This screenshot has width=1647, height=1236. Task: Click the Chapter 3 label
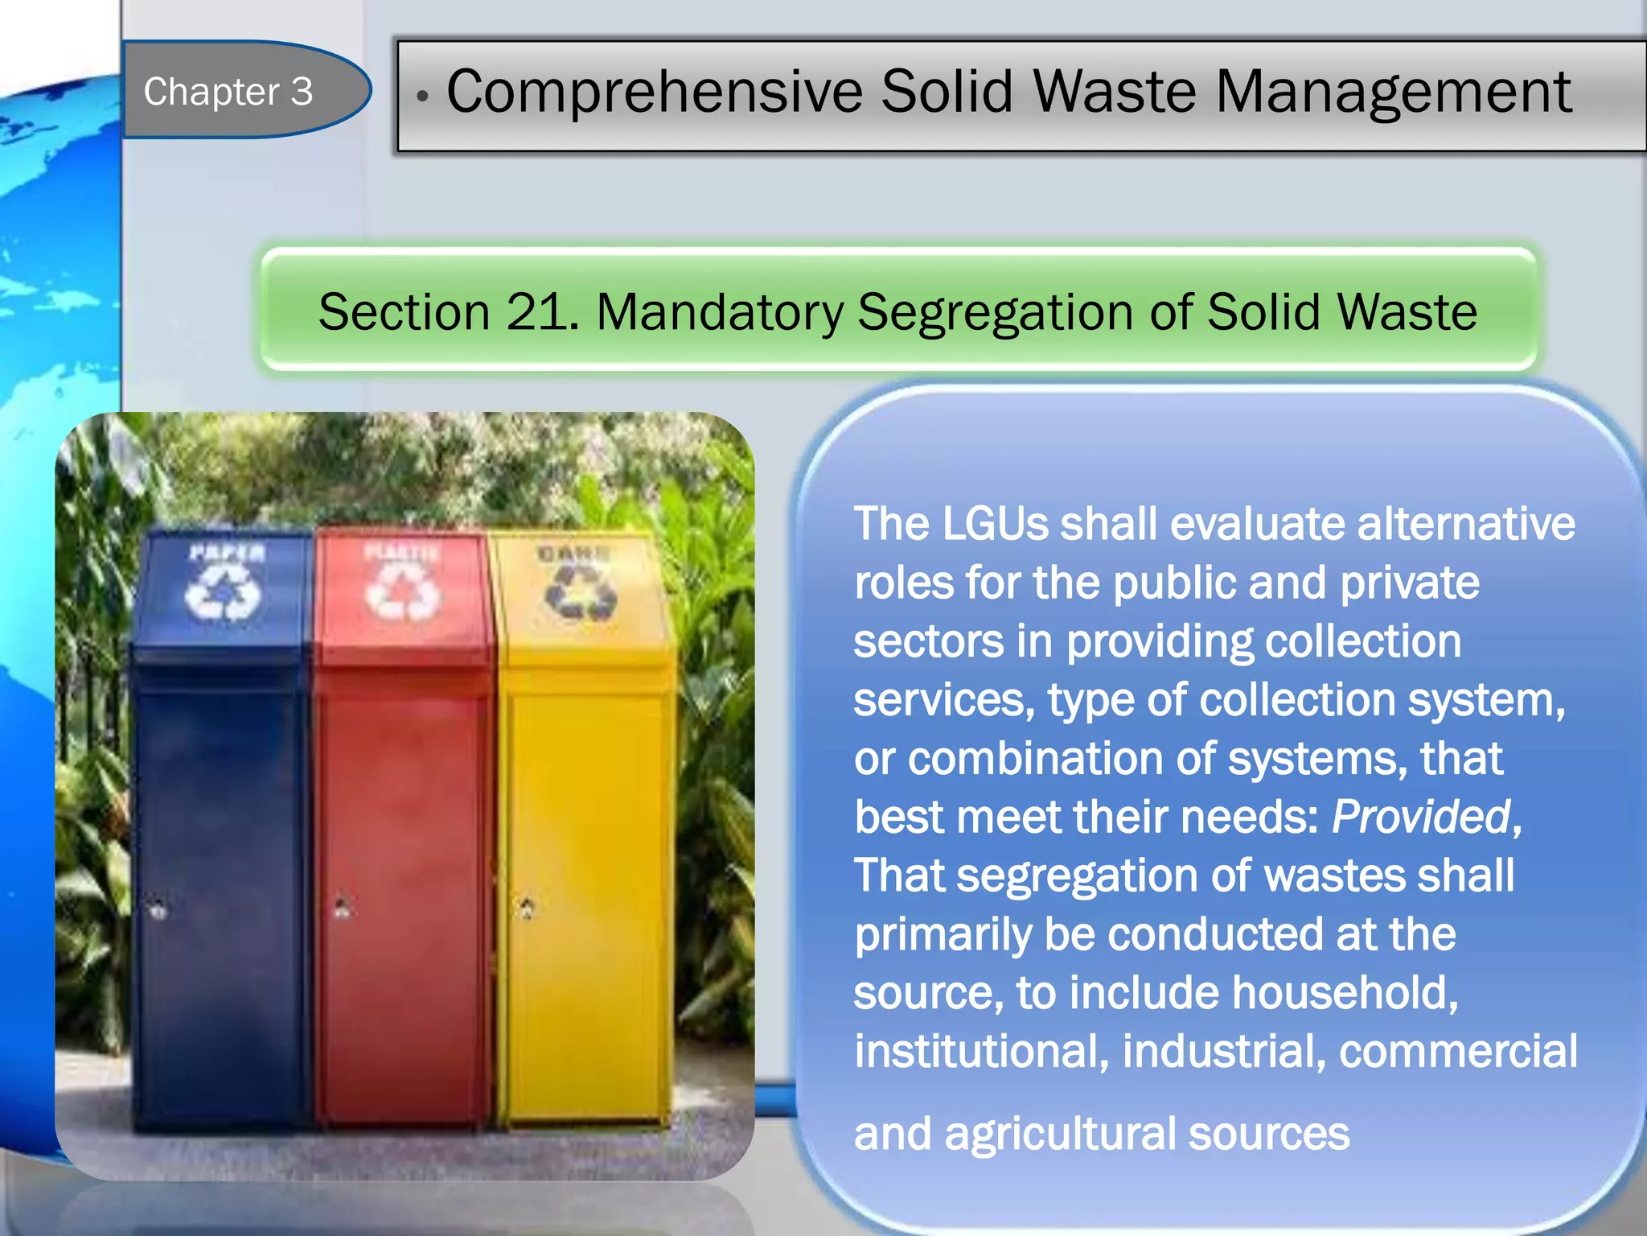(x=228, y=92)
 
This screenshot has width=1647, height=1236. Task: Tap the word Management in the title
(x=1393, y=92)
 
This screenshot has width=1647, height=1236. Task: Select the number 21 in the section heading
(x=536, y=312)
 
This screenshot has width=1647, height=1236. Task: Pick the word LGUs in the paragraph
(x=993, y=524)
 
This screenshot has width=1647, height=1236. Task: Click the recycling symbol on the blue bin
(x=223, y=591)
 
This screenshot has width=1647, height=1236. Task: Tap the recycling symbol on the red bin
(x=402, y=591)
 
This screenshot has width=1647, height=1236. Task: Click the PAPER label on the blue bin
(x=227, y=553)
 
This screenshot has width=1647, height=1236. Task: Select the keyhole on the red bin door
(x=343, y=908)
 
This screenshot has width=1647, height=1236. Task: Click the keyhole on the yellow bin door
(x=527, y=908)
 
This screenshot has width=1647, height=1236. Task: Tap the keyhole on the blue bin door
(x=158, y=909)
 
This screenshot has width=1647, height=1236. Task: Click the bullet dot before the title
(x=422, y=97)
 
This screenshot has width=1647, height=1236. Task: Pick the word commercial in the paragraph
(x=1457, y=1051)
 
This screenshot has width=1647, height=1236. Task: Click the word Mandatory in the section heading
(x=719, y=312)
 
